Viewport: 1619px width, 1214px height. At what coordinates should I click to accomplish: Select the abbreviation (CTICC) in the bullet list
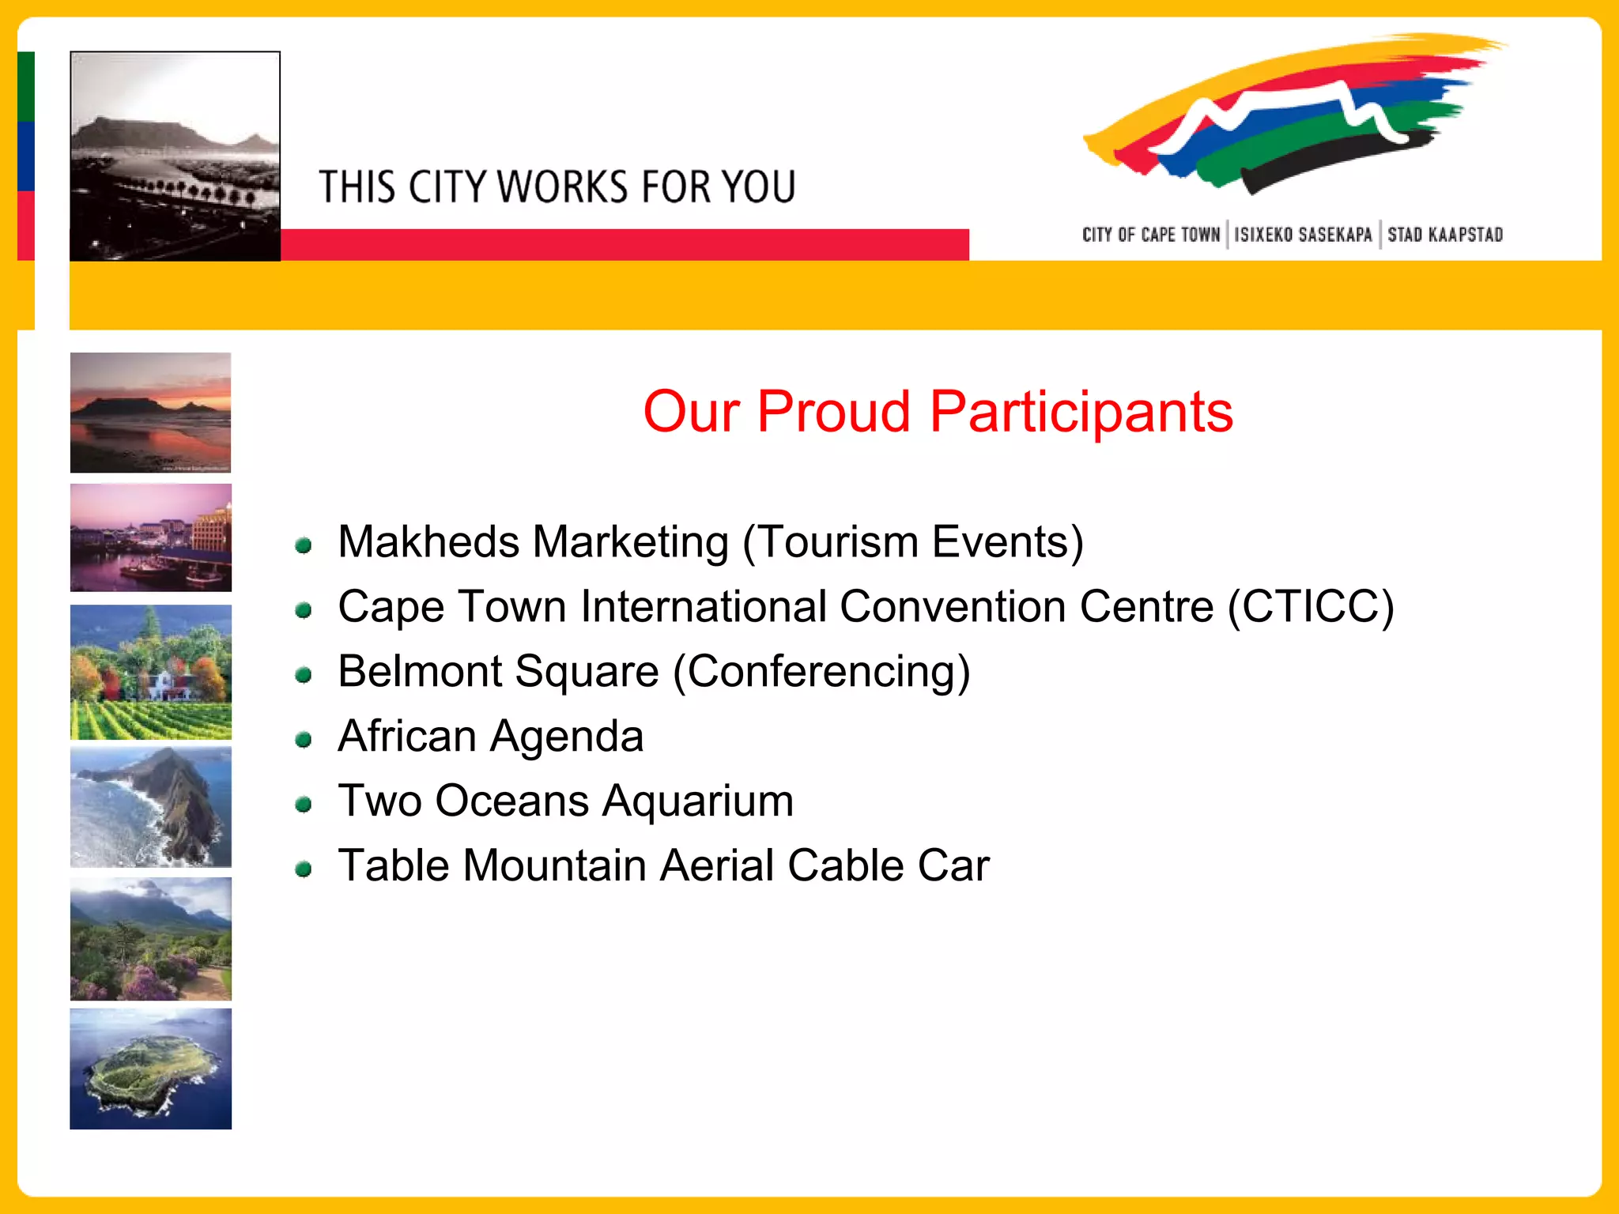coord(1311,607)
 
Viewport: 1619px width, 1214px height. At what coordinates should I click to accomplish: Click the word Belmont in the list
coord(419,672)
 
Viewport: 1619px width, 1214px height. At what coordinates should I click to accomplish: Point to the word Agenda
coord(567,737)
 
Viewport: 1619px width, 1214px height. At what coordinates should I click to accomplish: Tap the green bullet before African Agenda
coord(303,740)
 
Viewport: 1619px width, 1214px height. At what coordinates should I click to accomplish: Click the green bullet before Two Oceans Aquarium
coord(303,805)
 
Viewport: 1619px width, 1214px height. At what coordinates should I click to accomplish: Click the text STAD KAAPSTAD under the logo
coord(1444,235)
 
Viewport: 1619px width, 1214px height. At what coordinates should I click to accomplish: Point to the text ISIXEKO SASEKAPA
coord(1303,235)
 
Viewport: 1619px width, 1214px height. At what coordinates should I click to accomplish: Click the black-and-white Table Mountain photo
coord(175,156)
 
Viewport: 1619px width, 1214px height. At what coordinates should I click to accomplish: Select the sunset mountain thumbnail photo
coord(150,412)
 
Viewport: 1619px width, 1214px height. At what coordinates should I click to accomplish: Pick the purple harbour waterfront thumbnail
coord(150,537)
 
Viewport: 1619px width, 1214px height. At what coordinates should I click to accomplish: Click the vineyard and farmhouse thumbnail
coord(150,672)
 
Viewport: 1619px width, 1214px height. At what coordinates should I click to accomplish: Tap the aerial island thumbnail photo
coord(150,1068)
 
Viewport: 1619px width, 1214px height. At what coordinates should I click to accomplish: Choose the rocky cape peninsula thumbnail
coord(150,807)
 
